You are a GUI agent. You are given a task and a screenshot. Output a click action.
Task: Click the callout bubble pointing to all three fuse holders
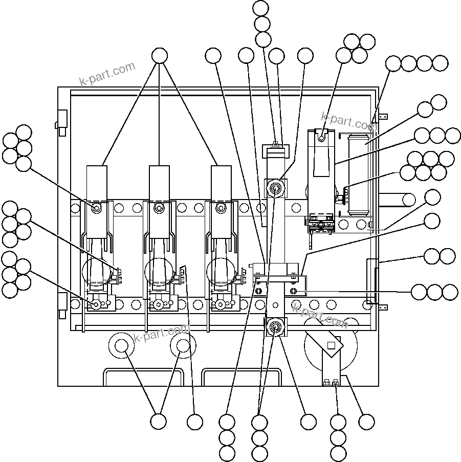click(x=160, y=56)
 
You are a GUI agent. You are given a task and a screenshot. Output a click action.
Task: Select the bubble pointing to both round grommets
click(x=158, y=422)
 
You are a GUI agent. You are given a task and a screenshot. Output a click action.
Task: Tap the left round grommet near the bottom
click(x=121, y=346)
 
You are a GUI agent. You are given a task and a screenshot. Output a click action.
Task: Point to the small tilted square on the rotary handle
click(x=331, y=345)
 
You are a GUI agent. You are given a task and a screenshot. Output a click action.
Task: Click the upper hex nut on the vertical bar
click(x=276, y=188)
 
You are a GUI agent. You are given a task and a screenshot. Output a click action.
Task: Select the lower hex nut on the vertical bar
click(x=275, y=326)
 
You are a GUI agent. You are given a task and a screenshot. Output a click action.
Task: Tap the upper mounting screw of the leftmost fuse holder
click(x=96, y=208)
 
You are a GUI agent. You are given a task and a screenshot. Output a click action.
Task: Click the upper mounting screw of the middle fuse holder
click(x=159, y=208)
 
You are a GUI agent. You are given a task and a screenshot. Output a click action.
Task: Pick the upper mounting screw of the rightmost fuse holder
click(x=221, y=208)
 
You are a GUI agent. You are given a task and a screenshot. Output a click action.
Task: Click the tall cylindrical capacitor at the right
click(x=357, y=174)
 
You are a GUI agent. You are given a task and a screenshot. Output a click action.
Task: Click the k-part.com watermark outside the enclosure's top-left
click(x=107, y=74)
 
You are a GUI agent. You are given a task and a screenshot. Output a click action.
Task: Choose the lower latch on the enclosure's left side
click(x=62, y=302)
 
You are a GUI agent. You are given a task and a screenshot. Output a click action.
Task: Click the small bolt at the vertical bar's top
click(x=276, y=144)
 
